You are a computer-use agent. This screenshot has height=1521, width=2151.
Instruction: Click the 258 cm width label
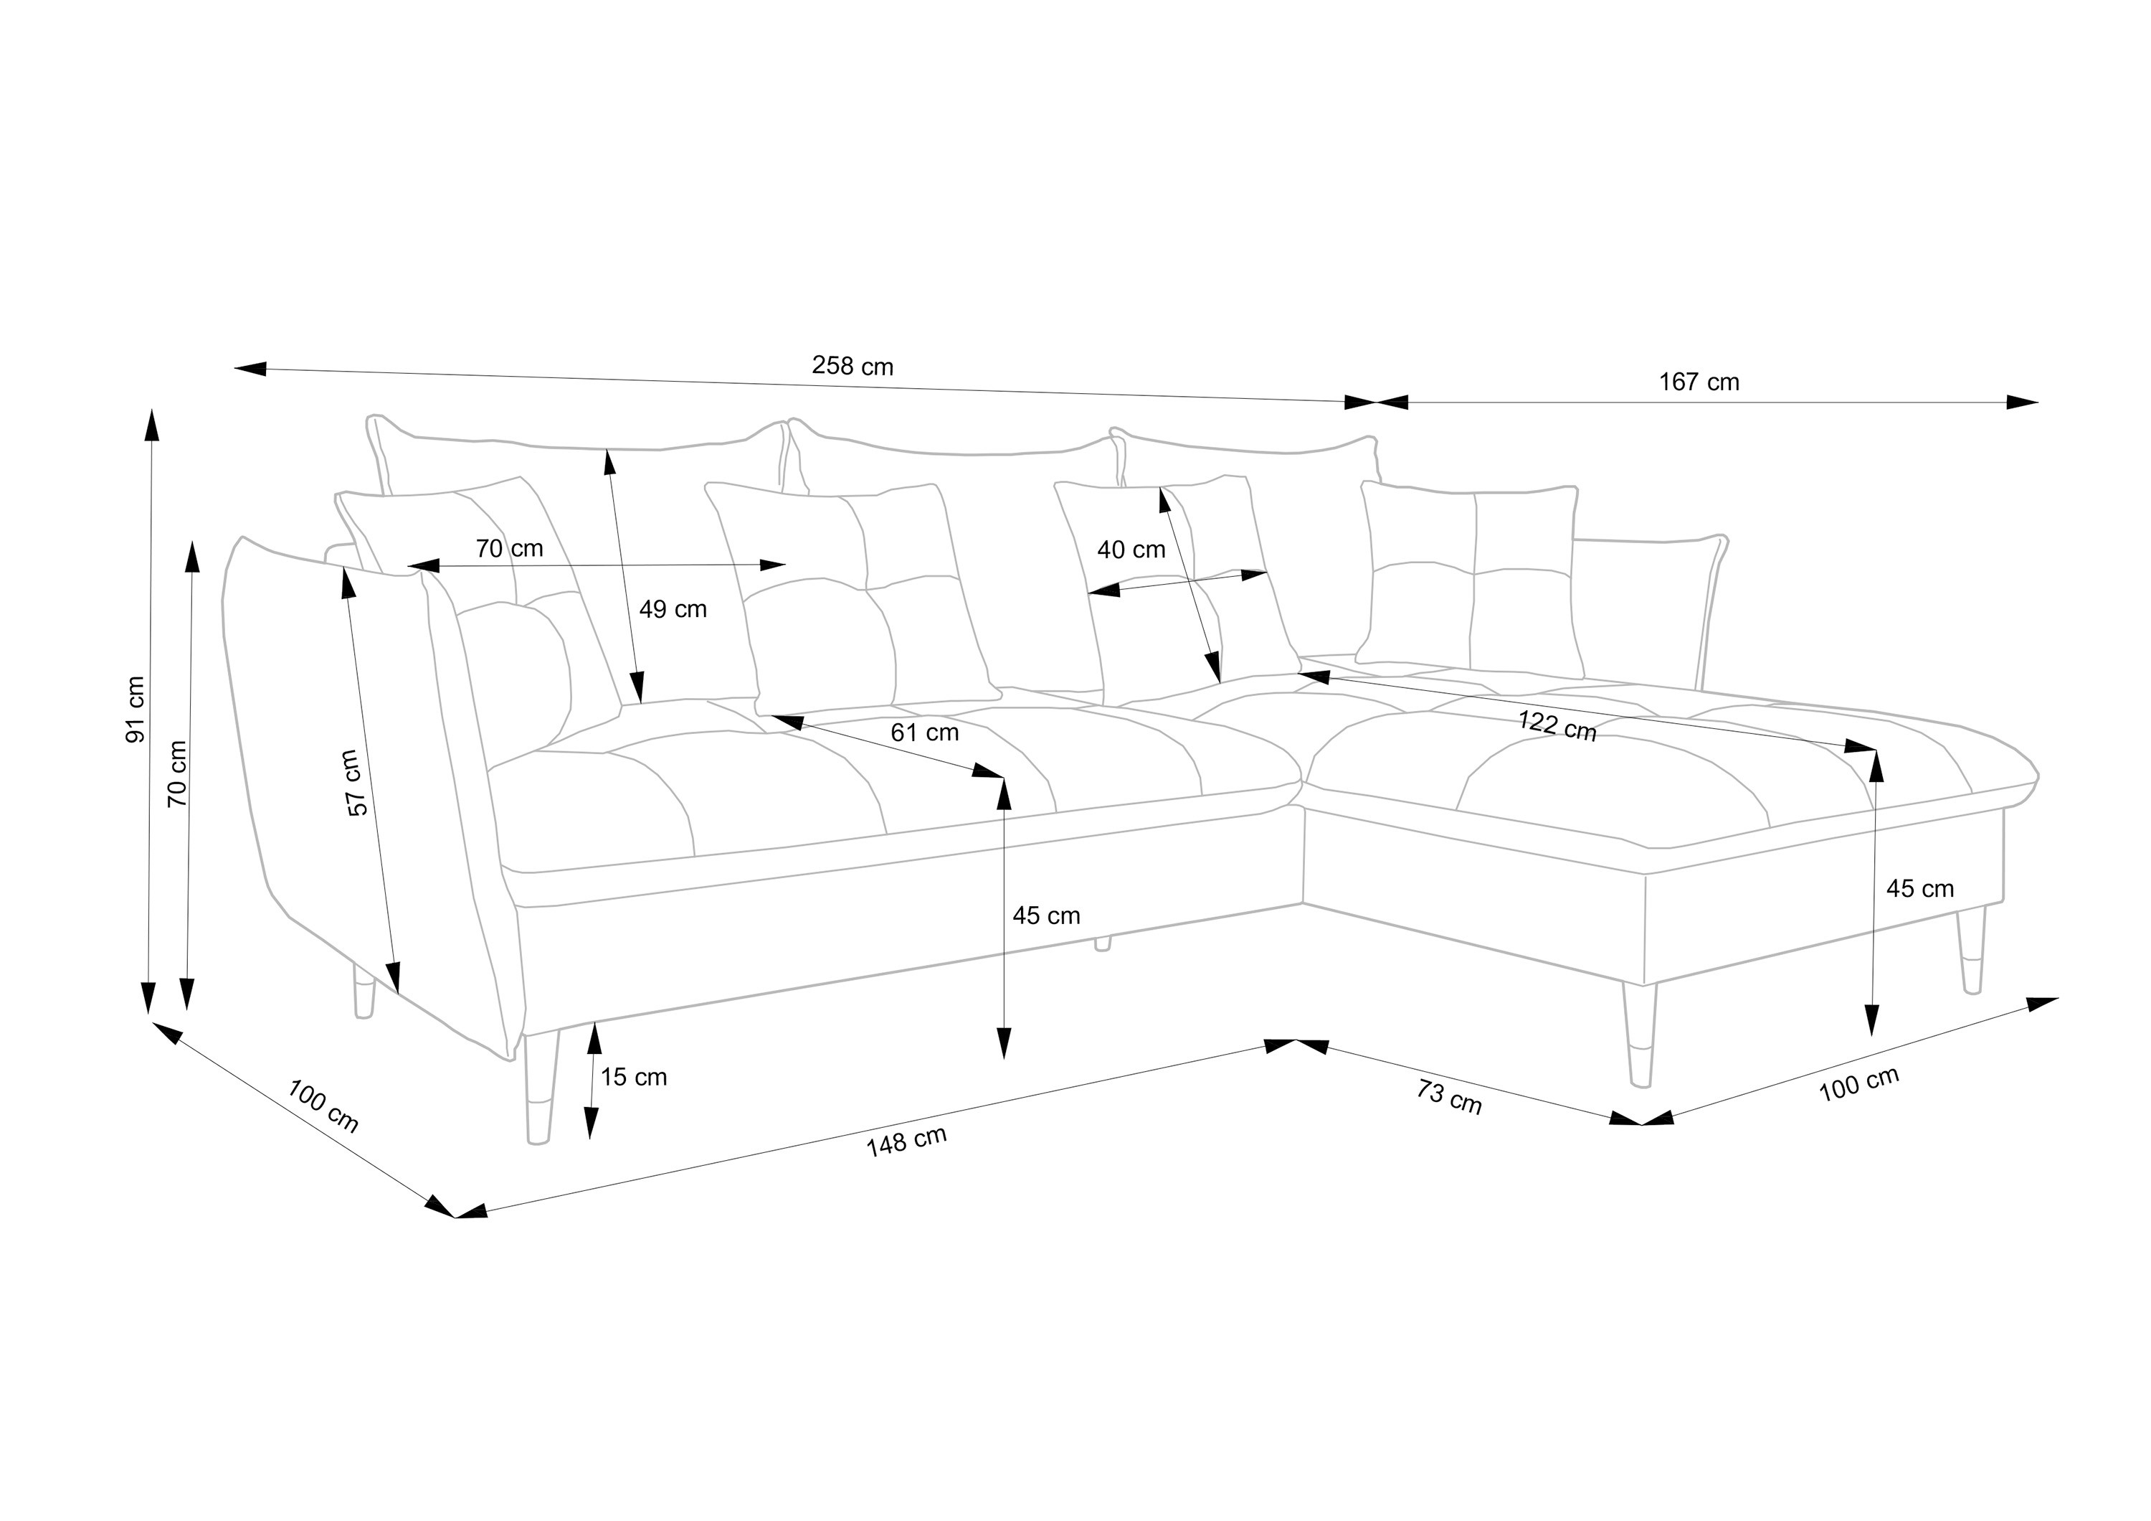coord(852,365)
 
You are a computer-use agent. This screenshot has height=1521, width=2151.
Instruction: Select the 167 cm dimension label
coord(1699,382)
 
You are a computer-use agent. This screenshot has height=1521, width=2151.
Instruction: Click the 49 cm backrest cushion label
coord(673,609)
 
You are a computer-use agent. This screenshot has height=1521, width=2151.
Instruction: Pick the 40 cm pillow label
coord(1131,550)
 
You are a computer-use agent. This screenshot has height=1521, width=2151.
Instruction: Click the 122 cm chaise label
coord(1557,726)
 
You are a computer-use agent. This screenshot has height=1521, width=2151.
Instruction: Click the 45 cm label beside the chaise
coord(1919,888)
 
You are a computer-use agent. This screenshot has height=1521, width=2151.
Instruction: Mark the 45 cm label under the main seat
coord(1045,915)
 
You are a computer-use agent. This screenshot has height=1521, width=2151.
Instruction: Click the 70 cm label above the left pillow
coord(508,548)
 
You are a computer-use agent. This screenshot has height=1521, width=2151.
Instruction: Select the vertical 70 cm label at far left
coord(177,773)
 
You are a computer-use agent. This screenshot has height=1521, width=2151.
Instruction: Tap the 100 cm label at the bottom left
coord(322,1106)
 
